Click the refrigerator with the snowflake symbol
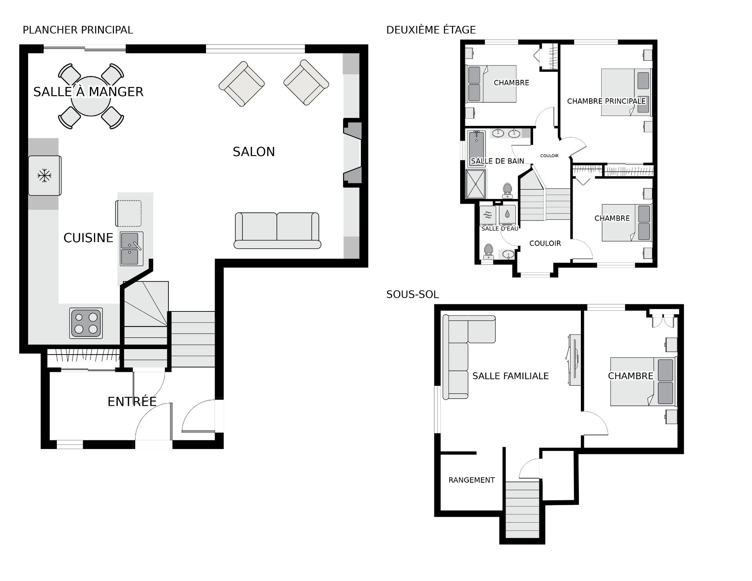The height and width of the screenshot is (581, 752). [45, 176]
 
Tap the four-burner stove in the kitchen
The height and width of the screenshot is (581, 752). [86, 323]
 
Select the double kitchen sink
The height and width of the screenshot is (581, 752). [132, 249]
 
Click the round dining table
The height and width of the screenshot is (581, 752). [91, 96]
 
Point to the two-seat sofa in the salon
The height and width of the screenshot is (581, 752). [277, 231]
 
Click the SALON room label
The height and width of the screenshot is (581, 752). [254, 152]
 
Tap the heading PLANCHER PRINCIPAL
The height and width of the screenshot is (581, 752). [78, 30]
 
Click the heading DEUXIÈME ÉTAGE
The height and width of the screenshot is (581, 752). [431, 30]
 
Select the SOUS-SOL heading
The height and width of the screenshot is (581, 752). [412, 294]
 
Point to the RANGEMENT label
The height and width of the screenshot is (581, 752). [472, 480]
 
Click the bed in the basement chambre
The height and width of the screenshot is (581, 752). [643, 382]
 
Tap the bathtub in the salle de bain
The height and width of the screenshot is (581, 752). [477, 149]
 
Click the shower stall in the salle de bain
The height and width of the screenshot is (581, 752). [476, 184]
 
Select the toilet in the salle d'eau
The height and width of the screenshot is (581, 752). [488, 251]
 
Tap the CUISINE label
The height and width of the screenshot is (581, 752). [88, 238]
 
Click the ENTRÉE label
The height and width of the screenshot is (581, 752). [132, 402]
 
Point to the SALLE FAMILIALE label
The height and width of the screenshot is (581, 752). [510, 376]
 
